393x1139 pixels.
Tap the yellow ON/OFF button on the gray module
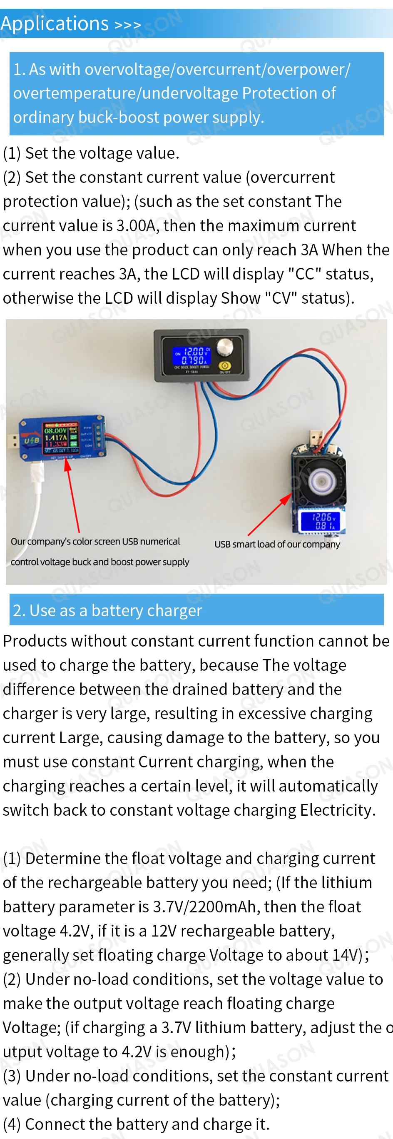[x=225, y=366]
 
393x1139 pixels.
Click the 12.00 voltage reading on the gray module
[x=194, y=352]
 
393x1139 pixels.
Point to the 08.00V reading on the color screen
[x=55, y=430]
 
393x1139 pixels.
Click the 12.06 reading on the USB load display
[x=321, y=517]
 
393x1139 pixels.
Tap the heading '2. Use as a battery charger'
[x=107, y=610]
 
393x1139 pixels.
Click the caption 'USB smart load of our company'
[x=277, y=545]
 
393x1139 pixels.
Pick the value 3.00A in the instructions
[x=136, y=225]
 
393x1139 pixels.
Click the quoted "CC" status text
[x=305, y=274]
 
